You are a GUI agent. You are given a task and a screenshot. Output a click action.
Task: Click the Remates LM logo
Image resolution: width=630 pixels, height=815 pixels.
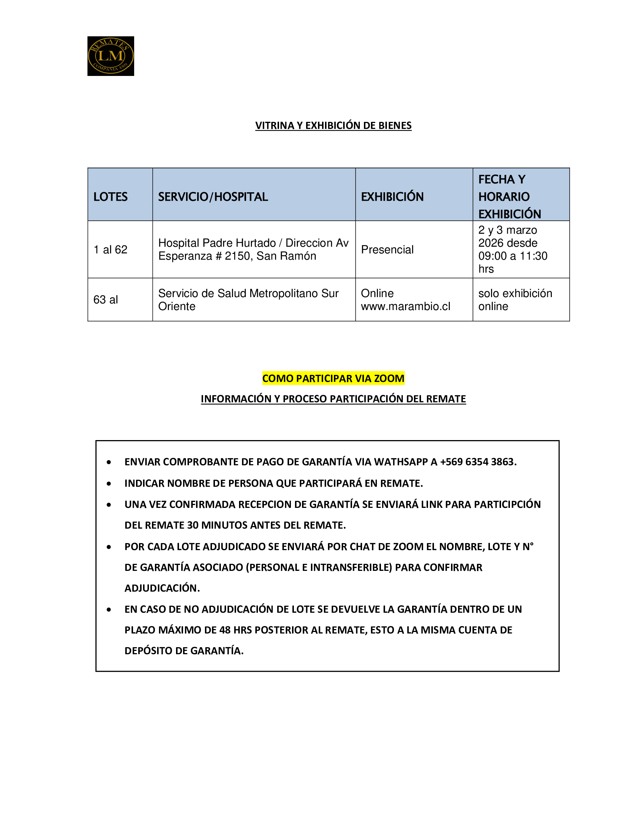click(x=110, y=56)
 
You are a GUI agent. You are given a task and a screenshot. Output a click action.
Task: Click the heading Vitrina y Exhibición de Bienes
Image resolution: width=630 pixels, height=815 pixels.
click(x=333, y=125)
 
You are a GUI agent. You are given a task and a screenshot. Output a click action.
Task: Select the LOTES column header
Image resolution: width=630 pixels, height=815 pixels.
click(x=110, y=197)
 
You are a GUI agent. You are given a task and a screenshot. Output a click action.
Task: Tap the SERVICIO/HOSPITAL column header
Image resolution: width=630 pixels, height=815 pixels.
click(x=213, y=197)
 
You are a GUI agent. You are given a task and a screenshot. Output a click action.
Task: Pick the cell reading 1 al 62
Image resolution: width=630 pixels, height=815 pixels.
click(x=110, y=249)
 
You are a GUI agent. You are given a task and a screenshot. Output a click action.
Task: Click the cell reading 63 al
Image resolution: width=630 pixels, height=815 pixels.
click(x=106, y=299)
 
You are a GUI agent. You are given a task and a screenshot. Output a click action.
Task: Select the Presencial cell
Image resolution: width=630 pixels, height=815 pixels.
click(x=387, y=249)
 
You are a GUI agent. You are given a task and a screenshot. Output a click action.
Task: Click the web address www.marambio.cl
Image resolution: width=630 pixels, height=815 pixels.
click(x=405, y=306)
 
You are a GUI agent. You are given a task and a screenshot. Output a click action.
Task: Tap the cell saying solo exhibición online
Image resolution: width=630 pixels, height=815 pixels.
click(x=515, y=300)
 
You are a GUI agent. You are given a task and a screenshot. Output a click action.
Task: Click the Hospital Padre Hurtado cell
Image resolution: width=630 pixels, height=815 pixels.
click(x=253, y=249)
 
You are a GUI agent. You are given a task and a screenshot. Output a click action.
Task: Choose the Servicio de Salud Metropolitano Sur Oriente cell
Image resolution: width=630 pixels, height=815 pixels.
click(x=248, y=300)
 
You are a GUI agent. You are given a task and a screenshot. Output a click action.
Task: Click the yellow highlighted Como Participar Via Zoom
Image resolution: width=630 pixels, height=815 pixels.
click(x=333, y=378)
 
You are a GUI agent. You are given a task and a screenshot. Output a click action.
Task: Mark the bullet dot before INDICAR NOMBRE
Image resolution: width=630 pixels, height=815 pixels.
click(x=109, y=483)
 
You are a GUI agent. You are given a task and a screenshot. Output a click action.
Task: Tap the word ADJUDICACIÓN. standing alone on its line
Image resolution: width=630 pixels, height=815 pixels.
click(x=162, y=588)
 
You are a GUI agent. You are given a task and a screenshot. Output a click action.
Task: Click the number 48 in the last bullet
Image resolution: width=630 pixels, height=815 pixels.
click(x=225, y=630)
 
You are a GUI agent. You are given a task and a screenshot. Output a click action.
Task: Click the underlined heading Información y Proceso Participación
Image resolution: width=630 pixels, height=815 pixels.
click(x=333, y=399)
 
